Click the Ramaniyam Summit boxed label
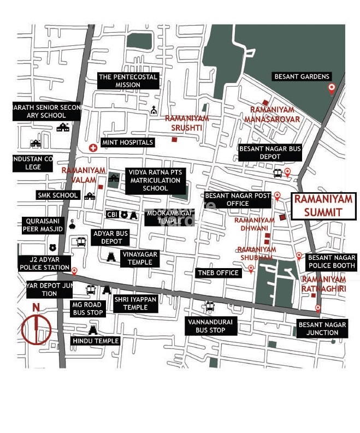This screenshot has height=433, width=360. tap(322, 206)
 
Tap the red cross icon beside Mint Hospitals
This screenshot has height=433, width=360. tap(93, 148)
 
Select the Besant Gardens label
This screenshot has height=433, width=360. tap(302, 76)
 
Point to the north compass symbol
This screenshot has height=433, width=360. tap(36, 328)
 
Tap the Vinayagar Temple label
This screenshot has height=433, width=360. tap(140, 258)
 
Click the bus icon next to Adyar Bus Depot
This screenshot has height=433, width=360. tap(81, 241)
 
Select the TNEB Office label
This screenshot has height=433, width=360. tap(219, 272)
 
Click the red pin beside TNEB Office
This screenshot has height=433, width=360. tap(251, 269)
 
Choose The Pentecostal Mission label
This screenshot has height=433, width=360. tap(128, 81)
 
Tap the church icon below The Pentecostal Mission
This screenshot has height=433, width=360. tap(154, 110)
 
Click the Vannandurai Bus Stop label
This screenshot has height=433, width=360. tap(210, 326)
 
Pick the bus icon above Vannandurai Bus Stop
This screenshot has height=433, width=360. tap(210, 306)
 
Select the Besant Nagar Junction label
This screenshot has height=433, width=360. tap(322, 328)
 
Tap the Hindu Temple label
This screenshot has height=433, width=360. tap(96, 341)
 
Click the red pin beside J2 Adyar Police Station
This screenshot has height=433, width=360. tap(74, 271)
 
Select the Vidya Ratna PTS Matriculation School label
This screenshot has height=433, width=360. tap(155, 180)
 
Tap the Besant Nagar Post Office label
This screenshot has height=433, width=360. tap(237, 199)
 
